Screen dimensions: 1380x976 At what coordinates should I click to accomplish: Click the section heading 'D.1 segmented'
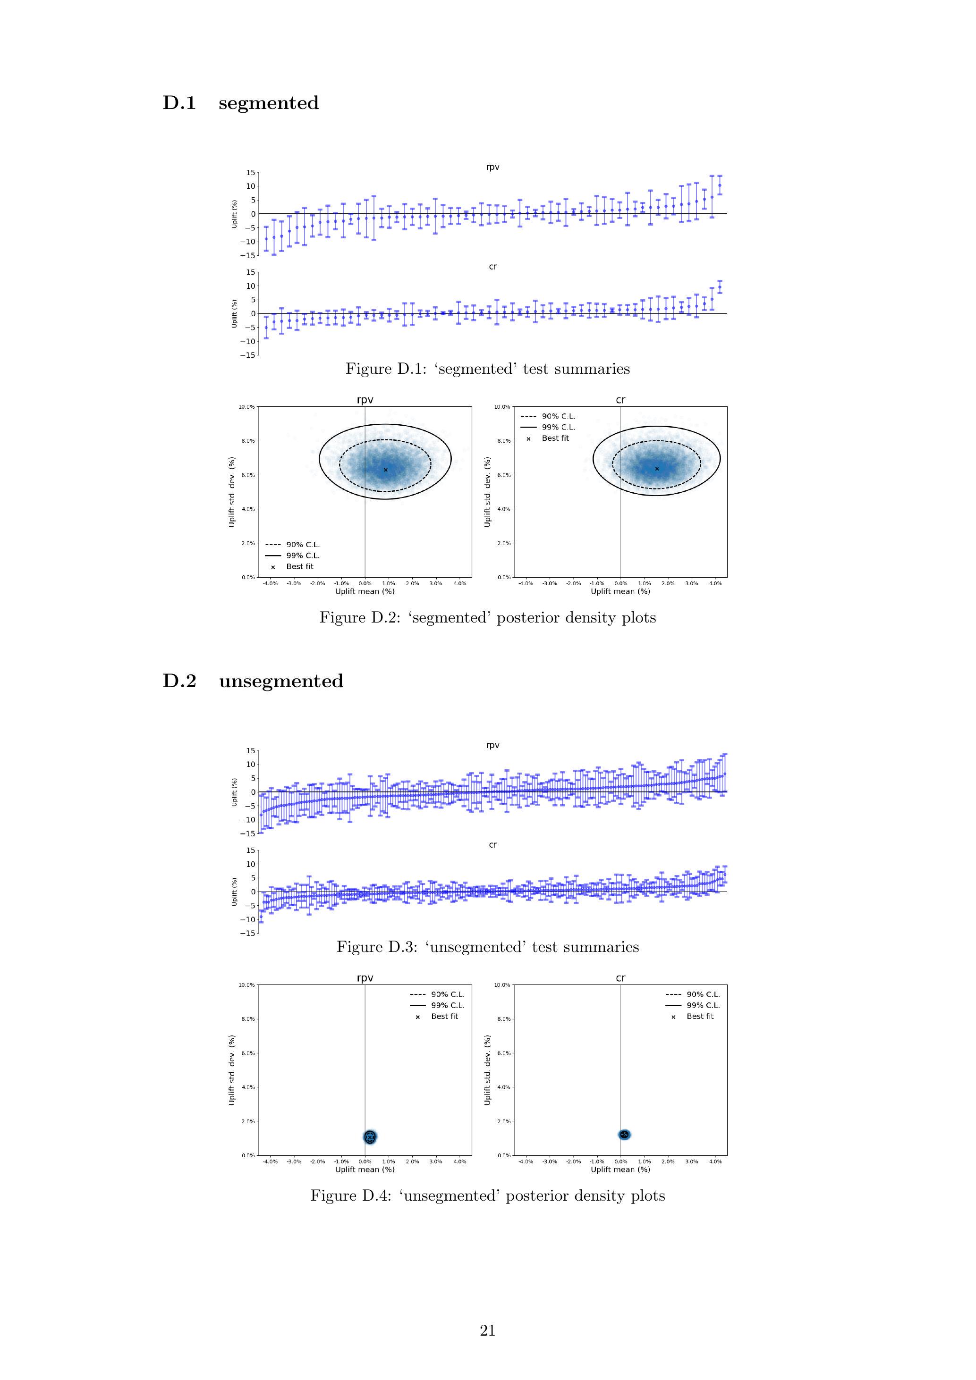click(x=240, y=103)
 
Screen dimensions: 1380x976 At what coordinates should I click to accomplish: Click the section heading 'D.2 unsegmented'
click(x=253, y=681)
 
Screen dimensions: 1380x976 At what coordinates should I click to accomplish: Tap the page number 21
click(x=488, y=1330)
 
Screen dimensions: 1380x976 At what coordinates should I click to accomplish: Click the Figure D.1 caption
click(x=488, y=369)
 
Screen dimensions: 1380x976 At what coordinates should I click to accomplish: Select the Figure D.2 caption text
click(x=488, y=617)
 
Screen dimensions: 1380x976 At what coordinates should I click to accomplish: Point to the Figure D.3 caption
click(x=488, y=947)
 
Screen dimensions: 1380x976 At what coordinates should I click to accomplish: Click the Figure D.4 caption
click(x=488, y=1195)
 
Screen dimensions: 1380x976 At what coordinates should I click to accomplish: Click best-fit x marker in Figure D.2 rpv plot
click(x=385, y=470)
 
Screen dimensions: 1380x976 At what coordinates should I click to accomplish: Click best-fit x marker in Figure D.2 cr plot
click(x=657, y=468)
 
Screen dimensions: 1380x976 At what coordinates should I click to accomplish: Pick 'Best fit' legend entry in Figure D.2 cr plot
click(x=554, y=438)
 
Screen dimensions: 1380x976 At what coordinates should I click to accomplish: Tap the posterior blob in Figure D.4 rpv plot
click(x=370, y=1136)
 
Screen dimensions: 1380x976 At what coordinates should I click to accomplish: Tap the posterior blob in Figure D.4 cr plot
click(x=624, y=1134)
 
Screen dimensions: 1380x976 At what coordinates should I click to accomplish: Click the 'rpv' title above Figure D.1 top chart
click(x=492, y=167)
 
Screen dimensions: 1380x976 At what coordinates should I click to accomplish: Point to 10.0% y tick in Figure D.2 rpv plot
click(x=247, y=407)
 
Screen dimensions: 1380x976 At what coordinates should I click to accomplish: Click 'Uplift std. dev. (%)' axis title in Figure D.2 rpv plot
click(x=232, y=492)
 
